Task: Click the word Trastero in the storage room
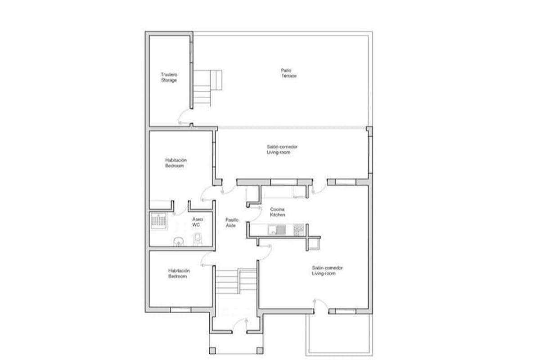169,75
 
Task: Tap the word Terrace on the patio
288,76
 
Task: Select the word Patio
285,70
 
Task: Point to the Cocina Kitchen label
277,212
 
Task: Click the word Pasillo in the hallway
232,220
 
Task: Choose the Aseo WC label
198,221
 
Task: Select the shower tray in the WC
158,221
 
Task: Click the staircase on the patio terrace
207,87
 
